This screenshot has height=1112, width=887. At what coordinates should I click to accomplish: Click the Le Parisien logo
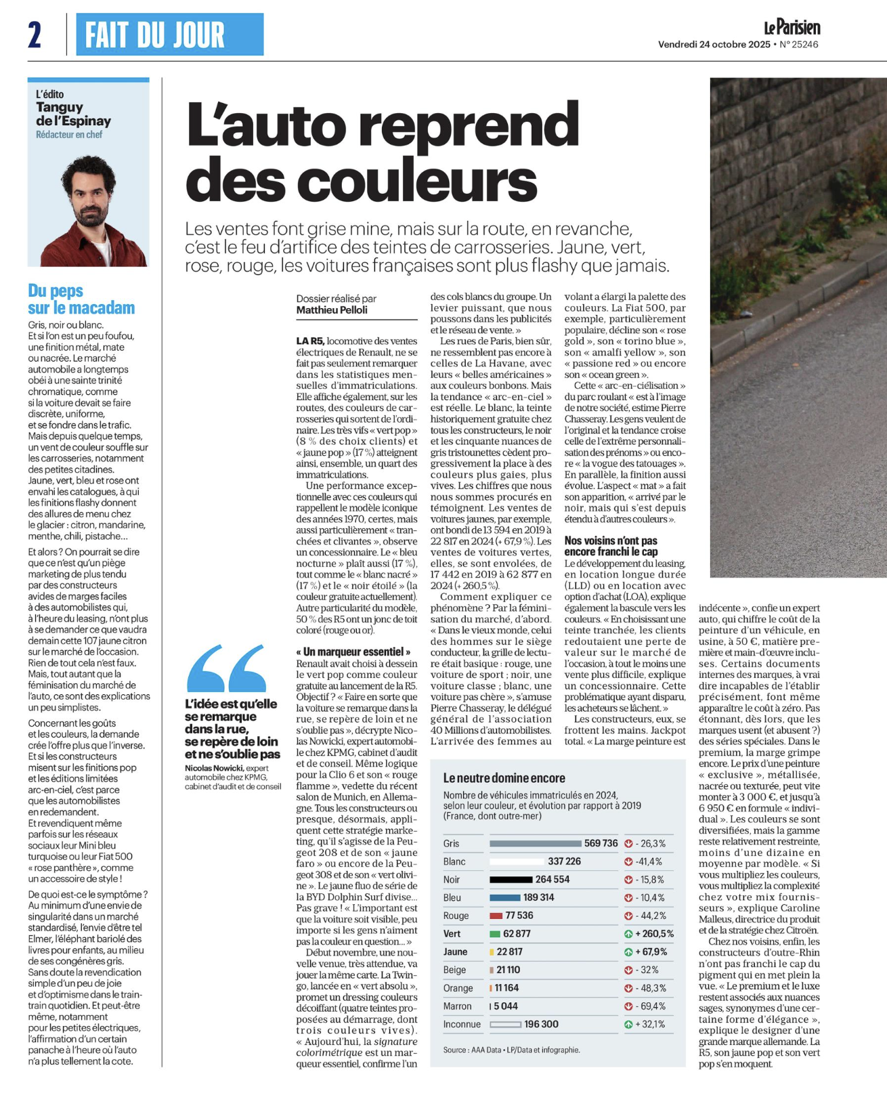coord(792,28)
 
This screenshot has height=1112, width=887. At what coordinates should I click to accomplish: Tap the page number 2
coord(35,35)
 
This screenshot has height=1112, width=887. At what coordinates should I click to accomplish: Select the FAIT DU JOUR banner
coord(169,35)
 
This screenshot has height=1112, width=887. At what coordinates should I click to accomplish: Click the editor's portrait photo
coord(89,210)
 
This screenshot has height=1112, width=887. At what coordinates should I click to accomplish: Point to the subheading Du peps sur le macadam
coord(81,299)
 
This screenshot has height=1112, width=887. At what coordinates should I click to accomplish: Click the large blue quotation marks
coord(225,668)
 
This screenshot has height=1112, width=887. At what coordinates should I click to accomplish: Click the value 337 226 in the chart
coord(564,861)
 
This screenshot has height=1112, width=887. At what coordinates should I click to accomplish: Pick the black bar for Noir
coord(511,880)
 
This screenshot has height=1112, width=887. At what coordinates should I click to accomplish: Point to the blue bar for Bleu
coord(504,897)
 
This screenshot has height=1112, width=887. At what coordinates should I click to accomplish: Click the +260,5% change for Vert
coord(653,934)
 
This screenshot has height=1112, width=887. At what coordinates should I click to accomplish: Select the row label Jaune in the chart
coord(455,951)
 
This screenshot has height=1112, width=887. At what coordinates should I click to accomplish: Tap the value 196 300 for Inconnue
coord(542,1024)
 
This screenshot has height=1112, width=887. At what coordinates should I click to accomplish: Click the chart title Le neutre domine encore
coord(504,778)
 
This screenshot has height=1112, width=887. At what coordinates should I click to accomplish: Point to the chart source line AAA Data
coord(511,1050)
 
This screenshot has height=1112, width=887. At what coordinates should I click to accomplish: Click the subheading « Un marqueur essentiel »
coord(353,651)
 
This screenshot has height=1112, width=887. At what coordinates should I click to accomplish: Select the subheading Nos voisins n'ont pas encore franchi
coord(611,546)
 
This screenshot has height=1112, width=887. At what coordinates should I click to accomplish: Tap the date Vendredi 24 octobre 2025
coord(714,45)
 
